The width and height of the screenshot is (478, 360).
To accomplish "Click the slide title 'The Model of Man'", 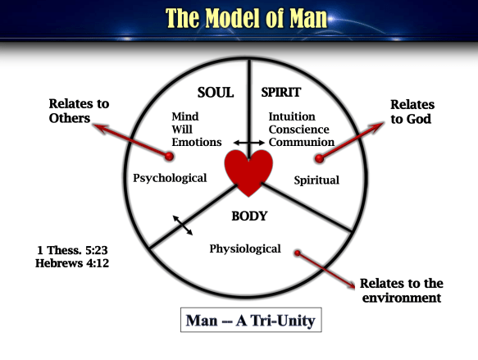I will coord(238,17).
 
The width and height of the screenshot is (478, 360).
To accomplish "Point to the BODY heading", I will coord(249,217).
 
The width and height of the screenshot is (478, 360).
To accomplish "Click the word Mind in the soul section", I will coord(185,116).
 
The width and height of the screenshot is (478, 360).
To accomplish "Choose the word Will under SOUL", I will coord(183,129).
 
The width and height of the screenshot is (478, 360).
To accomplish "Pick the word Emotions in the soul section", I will coord(197,141).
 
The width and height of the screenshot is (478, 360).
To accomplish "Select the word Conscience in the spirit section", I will coord(298,129).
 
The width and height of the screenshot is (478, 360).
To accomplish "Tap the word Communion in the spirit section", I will coord(301,141).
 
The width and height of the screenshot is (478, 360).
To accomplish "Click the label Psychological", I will coord(170,178).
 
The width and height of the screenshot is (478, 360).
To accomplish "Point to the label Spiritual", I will coord(316,180).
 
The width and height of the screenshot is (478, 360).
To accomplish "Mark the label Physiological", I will coord(244,248).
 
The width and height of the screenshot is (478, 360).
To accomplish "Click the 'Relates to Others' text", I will coord(79,111).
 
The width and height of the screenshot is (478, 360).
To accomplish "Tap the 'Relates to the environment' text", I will coord(401,290).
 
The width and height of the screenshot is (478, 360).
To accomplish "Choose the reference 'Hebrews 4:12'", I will coord(72,263).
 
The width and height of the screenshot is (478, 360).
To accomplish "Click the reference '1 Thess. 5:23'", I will coord(72,250).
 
